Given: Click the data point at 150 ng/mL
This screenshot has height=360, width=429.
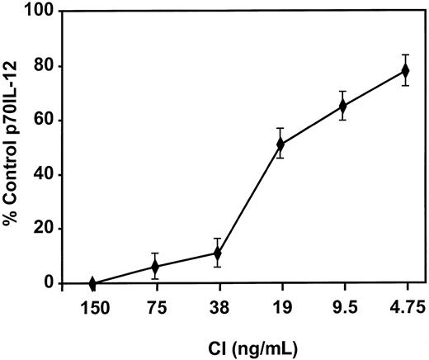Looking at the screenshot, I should (x=92, y=283).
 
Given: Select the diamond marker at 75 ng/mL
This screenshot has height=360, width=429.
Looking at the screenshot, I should (x=154, y=266).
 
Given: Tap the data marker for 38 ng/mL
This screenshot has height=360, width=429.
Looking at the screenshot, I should (x=217, y=253).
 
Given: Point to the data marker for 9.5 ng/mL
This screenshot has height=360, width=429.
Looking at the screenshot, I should (x=342, y=106).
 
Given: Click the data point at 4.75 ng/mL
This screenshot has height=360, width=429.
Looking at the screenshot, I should (x=405, y=70).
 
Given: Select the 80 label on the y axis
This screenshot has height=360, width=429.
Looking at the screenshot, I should (x=47, y=66).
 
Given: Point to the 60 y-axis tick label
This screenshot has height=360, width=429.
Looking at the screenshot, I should (x=47, y=121).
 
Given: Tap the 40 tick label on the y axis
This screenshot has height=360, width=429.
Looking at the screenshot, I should (x=47, y=175).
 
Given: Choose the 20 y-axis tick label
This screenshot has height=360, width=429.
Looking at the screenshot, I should (x=47, y=230).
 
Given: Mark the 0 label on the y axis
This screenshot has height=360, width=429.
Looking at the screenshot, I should (x=51, y=283).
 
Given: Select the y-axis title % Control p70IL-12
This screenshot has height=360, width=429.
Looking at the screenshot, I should (x=14, y=147).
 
